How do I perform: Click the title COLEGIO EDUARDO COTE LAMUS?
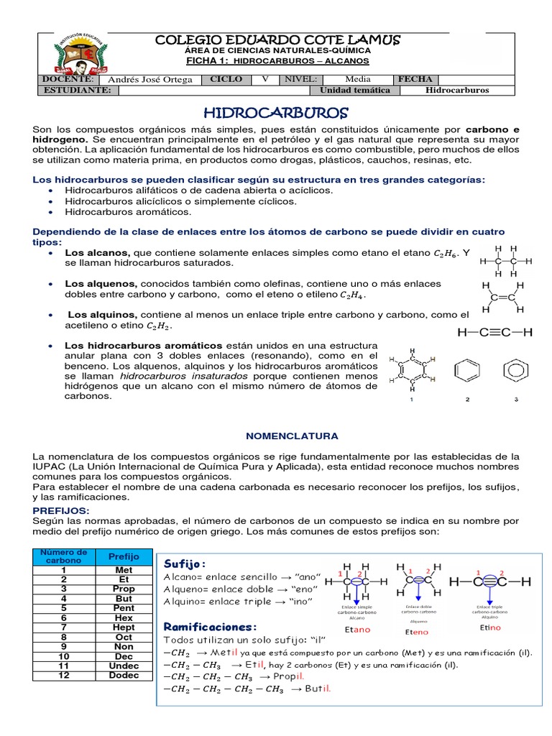click(x=278, y=40)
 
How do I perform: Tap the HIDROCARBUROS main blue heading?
click(x=276, y=114)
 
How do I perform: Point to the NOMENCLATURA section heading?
click(x=277, y=436)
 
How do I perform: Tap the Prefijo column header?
click(x=124, y=556)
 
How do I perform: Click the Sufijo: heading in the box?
click(x=185, y=562)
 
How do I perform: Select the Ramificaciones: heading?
click(x=210, y=627)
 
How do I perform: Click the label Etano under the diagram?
click(x=357, y=630)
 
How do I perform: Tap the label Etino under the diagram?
click(x=490, y=627)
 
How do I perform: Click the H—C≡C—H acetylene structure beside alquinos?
click(x=494, y=332)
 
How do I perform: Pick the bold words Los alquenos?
click(x=101, y=283)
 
